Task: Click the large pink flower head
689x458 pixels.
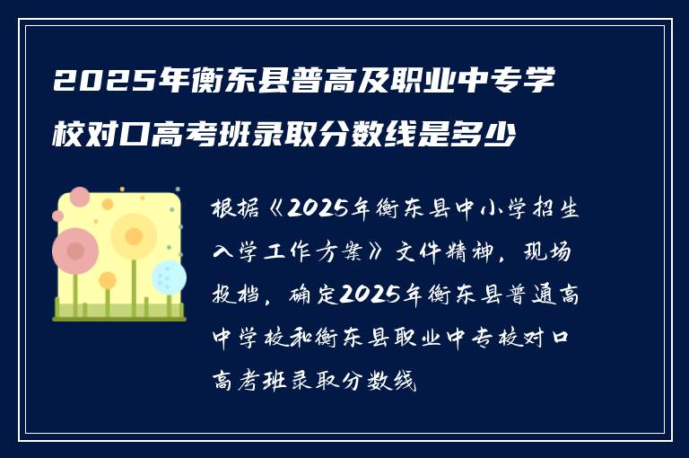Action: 75,251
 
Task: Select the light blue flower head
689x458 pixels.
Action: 168,277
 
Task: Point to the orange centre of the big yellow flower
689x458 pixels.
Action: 134,236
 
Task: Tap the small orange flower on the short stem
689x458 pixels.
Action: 108,281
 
